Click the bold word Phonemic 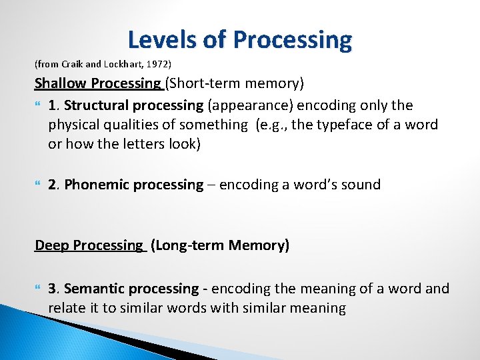94,185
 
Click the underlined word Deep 51,245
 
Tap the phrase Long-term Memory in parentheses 220,245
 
